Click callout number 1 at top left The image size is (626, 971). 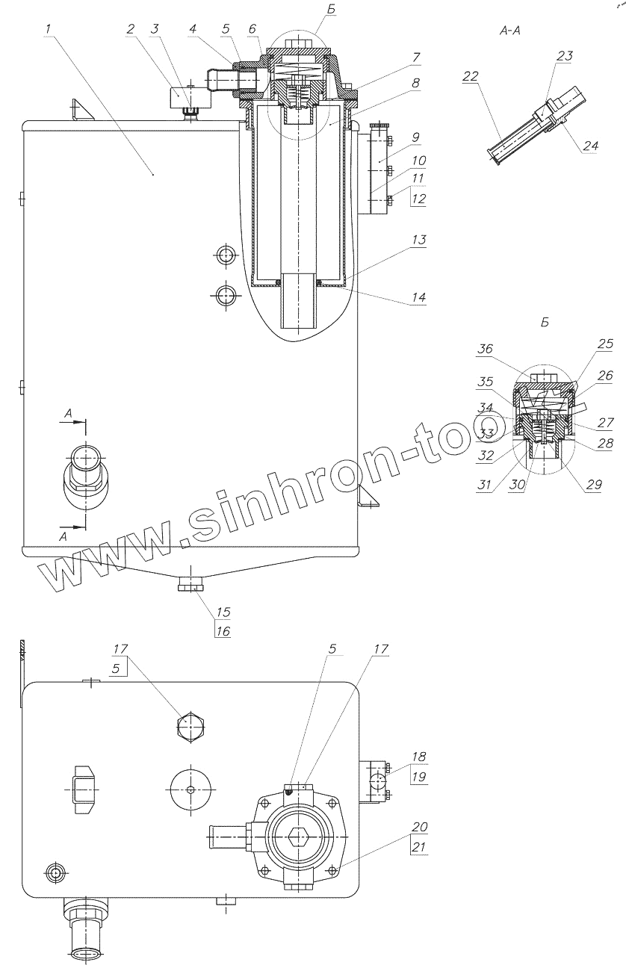[47, 29]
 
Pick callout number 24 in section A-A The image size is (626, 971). [590, 146]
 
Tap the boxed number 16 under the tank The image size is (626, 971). [223, 631]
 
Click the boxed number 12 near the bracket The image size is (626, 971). [418, 199]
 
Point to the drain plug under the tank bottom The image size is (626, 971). [193, 584]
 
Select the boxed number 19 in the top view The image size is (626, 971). [419, 777]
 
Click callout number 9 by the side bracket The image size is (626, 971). [415, 137]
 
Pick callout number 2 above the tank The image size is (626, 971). [131, 30]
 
